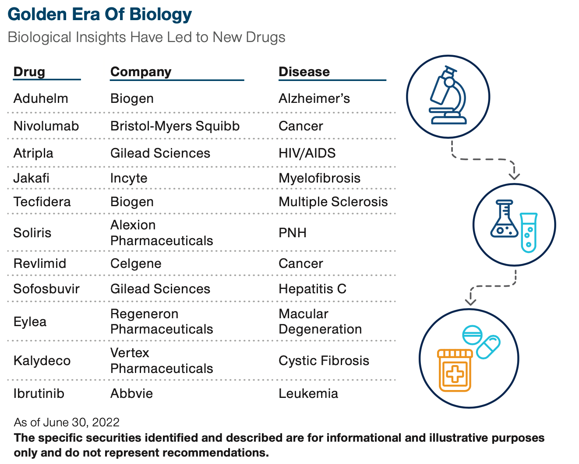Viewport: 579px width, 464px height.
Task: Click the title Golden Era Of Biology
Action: click(x=100, y=14)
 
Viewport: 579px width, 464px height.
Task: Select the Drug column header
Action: click(x=29, y=72)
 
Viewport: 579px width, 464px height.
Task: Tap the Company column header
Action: click(x=141, y=72)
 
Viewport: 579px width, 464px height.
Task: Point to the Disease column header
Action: click(x=304, y=72)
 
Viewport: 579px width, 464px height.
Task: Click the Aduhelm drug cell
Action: click(x=41, y=98)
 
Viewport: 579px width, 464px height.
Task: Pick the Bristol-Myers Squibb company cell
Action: click(x=175, y=126)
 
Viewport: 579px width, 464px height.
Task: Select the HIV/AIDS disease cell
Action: click(x=307, y=153)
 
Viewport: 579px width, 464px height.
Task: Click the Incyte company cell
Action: click(x=129, y=178)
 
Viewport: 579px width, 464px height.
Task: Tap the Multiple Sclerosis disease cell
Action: click(x=333, y=202)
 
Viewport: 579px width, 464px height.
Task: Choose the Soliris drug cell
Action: click(x=32, y=232)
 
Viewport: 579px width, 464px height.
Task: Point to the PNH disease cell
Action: click(x=293, y=232)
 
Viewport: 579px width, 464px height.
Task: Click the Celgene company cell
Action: click(x=136, y=264)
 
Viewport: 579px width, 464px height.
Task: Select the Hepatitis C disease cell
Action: click(x=312, y=289)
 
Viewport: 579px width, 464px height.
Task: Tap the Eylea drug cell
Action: click(x=30, y=322)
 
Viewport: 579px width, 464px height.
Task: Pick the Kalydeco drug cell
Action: click(x=42, y=361)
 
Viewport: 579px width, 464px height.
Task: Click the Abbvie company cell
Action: click(x=131, y=394)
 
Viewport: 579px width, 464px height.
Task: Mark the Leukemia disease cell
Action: click(x=308, y=394)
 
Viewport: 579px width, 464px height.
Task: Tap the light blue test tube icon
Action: click(x=529, y=232)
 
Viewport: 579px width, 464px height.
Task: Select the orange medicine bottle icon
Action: click(x=455, y=370)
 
